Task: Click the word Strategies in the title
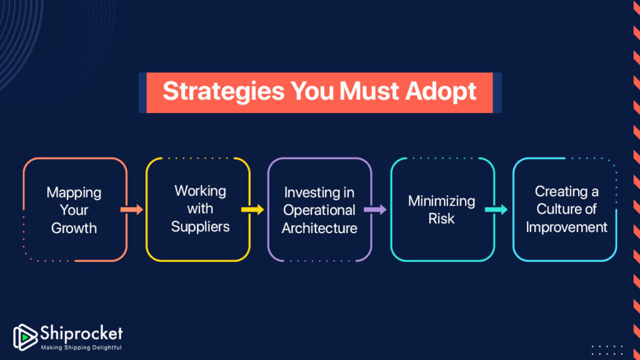223,91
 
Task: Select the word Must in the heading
369,91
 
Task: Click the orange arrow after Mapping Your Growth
131,209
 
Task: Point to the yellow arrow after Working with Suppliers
252,209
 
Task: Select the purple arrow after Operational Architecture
375,209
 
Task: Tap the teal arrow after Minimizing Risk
496,209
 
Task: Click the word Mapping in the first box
74,192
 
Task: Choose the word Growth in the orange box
74,227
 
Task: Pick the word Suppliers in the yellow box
200,226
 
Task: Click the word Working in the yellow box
200,191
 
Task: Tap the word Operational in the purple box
319,211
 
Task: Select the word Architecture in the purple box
319,227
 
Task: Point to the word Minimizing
441,201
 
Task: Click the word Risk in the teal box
441,218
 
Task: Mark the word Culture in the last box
555,209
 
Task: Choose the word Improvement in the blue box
566,227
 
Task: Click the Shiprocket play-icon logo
25,337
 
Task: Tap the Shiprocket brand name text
81,334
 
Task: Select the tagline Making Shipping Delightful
81,347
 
